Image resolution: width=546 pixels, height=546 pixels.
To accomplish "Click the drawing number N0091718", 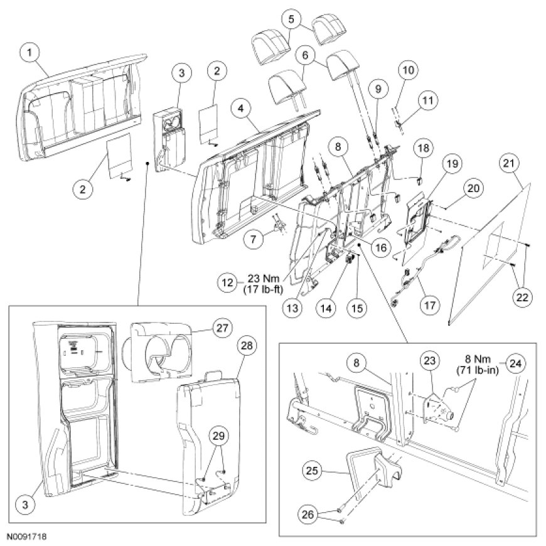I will (28, 538).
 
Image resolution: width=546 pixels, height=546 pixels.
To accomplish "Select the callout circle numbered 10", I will (408, 70).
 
